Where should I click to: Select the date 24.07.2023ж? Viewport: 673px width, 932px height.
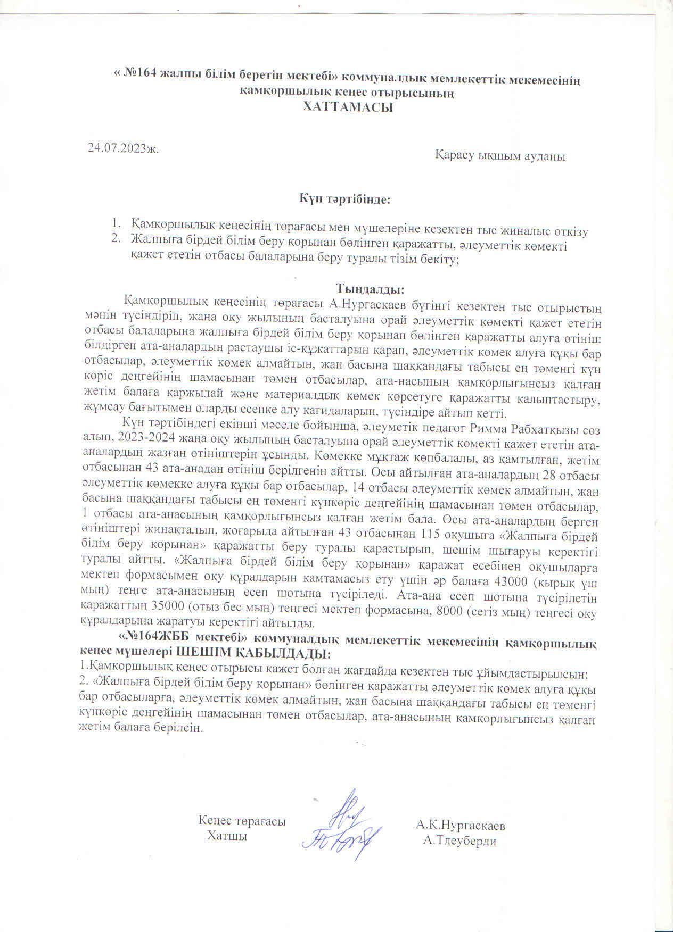[x=124, y=148]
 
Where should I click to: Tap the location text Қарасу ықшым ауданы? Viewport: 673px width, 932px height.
[x=500, y=156]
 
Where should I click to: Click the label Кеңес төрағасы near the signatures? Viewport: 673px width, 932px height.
[x=242, y=821]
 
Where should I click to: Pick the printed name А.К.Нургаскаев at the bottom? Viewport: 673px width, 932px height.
[x=461, y=826]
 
